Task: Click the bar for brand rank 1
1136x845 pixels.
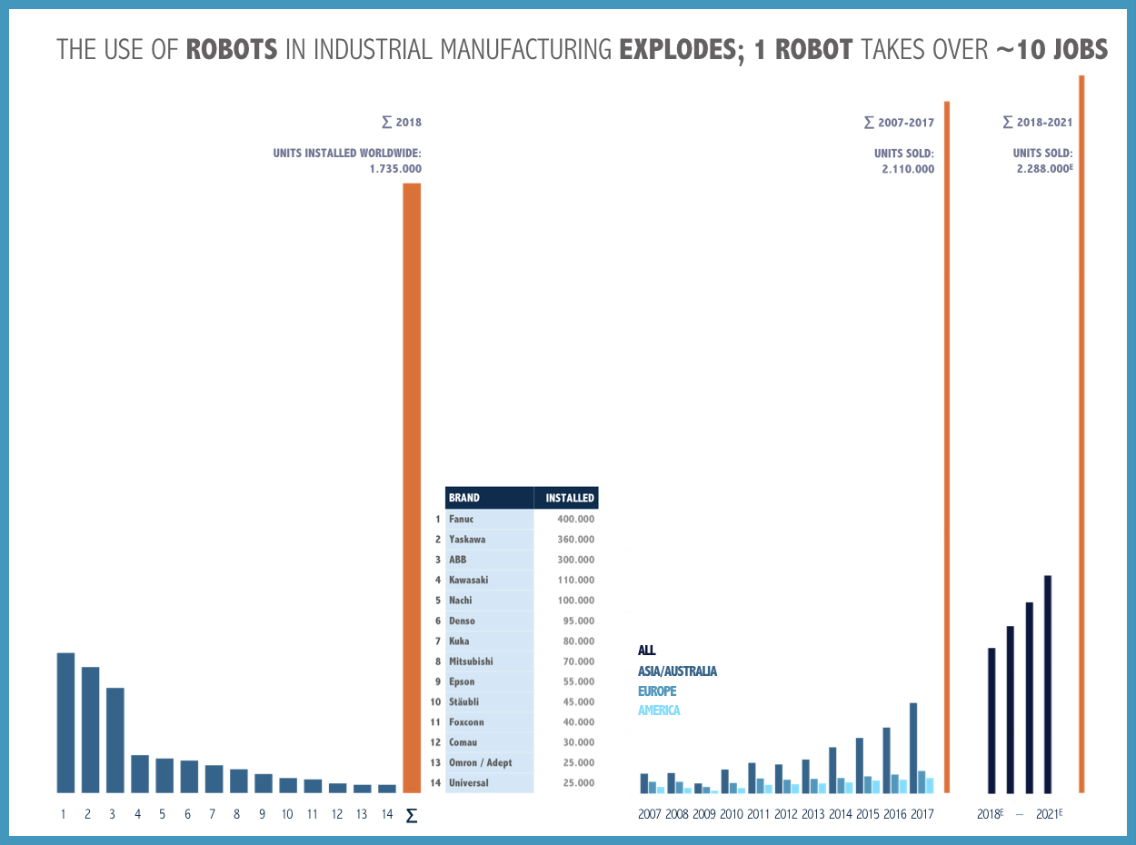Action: pos(65,722)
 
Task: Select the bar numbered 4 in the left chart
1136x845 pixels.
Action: pos(140,773)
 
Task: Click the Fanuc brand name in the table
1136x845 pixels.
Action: pos(461,519)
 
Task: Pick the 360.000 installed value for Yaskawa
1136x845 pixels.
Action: pos(575,540)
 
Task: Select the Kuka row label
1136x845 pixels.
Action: pos(459,641)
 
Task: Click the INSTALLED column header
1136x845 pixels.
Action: pos(569,498)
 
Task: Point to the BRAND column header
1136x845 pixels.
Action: pos(464,498)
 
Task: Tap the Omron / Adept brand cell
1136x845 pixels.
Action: pos(480,762)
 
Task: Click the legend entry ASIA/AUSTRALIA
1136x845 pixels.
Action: pos(677,671)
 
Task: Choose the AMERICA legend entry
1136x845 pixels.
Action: pos(659,711)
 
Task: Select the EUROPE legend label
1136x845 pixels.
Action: pos(657,691)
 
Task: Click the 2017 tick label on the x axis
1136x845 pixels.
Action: pos(922,814)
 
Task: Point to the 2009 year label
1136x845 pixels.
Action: pos(703,814)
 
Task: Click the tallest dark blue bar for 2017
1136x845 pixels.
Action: pos(913,748)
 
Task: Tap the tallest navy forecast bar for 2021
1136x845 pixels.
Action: pos(1048,684)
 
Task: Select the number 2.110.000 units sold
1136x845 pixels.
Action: pos(907,169)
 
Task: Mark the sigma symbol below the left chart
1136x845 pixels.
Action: pos(412,815)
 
